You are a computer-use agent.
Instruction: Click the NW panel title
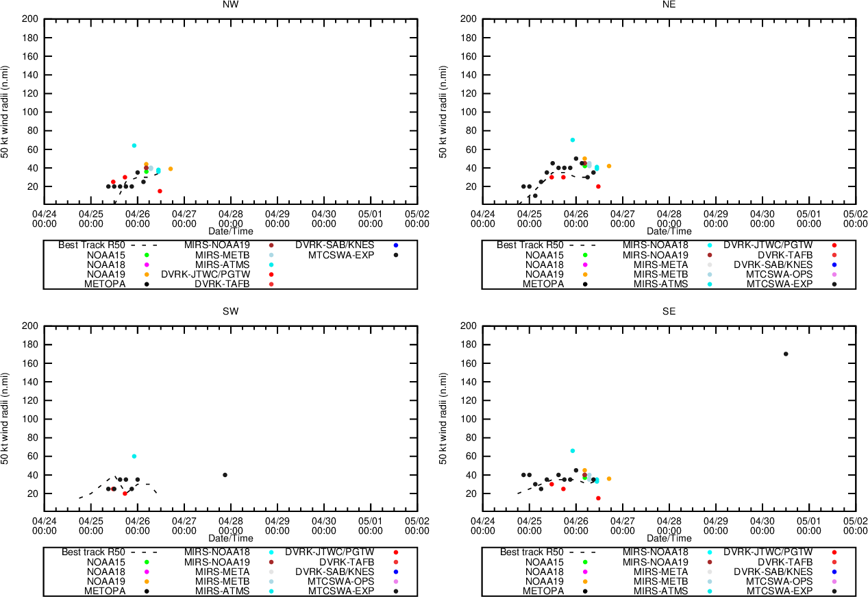point(231,4)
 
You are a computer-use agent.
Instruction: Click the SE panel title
point(669,311)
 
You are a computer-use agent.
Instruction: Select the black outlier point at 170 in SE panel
point(786,354)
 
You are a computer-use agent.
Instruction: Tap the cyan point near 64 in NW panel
point(134,145)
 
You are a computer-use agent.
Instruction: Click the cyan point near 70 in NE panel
point(573,140)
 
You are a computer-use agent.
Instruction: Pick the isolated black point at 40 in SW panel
point(225,475)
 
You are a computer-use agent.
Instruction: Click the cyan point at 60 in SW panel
point(134,456)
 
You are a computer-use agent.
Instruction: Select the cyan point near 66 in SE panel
point(573,451)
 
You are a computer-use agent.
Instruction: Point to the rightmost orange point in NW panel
point(171,169)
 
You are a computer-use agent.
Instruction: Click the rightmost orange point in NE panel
point(608,166)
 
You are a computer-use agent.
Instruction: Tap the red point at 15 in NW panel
point(160,191)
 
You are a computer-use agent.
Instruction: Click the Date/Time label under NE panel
point(669,231)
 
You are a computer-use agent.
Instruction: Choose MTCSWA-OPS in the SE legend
point(779,581)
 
